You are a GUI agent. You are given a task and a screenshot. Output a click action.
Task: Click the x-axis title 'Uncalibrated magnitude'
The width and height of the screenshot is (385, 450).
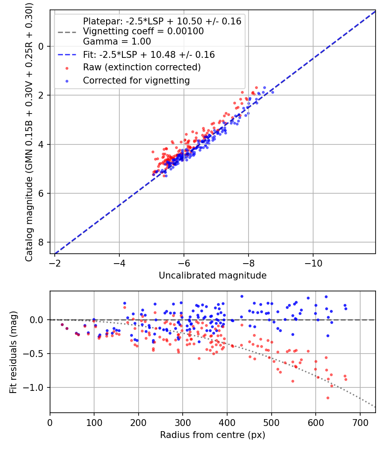pyautogui.click(x=213, y=276)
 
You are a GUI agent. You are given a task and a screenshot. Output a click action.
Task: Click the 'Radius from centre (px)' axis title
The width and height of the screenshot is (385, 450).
pyautogui.click(x=213, y=435)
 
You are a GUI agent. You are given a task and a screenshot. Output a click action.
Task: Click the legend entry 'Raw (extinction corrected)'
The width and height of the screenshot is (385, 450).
pyautogui.click(x=142, y=67)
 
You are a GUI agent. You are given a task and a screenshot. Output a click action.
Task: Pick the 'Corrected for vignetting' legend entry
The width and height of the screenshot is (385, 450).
pyautogui.click(x=136, y=80)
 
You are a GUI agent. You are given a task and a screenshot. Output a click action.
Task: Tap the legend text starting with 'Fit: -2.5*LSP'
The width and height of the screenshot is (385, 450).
pyautogui.click(x=149, y=55)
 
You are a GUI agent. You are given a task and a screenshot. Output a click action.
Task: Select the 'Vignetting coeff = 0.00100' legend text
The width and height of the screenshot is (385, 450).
pyautogui.click(x=143, y=31)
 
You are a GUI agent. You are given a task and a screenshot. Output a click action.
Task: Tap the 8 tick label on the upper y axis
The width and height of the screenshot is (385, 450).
pyautogui.click(x=41, y=242)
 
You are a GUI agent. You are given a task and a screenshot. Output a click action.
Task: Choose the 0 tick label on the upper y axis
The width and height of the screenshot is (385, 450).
pyautogui.click(x=41, y=46)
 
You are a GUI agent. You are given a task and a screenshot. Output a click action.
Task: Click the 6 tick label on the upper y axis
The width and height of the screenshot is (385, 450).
pyautogui.click(x=41, y=193)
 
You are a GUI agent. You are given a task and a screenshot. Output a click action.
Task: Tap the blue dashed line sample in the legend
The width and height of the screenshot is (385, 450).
pyautogui.click(x=68, y=55)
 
